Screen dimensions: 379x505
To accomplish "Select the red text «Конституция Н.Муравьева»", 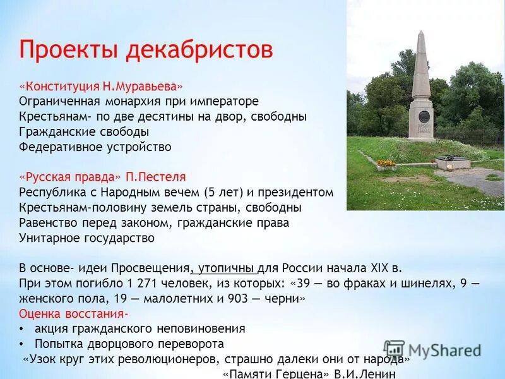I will [101, 86].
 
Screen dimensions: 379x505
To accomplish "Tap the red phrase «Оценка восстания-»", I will [73, 313].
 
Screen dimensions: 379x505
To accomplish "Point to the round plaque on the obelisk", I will [424, 117].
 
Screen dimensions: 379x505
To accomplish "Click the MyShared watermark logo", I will [432, 350].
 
